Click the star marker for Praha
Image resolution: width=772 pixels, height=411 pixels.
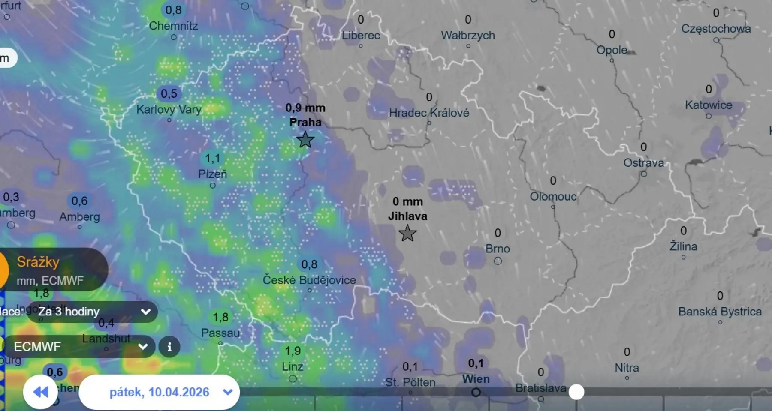pyautogui.click(x=305, y=140)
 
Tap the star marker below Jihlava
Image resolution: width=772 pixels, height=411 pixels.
pyautogui.click(x=407, y=234)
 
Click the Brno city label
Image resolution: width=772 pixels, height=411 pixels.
pyautogui.click(x=498, y=249)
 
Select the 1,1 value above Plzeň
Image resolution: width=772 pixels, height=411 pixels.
pyautogui.click(x=212, y=159)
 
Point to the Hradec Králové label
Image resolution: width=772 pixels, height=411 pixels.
pyautogui.click(x=429, y=113)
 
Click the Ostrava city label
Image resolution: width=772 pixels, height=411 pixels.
pyautogui.click(x=643, y=163)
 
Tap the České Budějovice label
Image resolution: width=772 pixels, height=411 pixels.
pyautogui.click(x=309, y=280)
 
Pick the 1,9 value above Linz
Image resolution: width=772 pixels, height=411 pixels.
pyautogui.click(x=293, y=351)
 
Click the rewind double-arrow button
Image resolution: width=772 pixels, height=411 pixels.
pyautogui.click(x=41, y=392)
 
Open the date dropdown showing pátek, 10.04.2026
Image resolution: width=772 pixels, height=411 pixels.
pyautogui.click(x=160, y=392)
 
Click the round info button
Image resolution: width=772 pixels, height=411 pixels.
pyautogui.click(x=169, y=346)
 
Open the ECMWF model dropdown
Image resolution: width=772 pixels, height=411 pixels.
pyautogui.click(x=79, y=346)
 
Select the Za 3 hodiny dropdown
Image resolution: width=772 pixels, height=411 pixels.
pyautogui.click(x=92, y=312)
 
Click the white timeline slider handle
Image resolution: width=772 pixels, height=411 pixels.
pyautogui.click(x=576, y=392)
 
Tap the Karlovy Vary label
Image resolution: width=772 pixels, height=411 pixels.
pyautogui.click(x=169, y=109)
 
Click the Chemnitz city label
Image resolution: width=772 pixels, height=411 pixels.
pyautogui.click(x=173, y=26)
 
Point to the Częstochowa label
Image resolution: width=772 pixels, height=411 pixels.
pyautogui.click(x=716, y=29)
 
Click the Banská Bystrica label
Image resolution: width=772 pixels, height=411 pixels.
pyautogui.click(x=720, y=312)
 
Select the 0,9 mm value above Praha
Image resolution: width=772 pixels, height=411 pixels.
pyautogui.click(x=305, y=108)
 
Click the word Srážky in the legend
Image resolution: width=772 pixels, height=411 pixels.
pyautogui.click(x=38, y=262)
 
